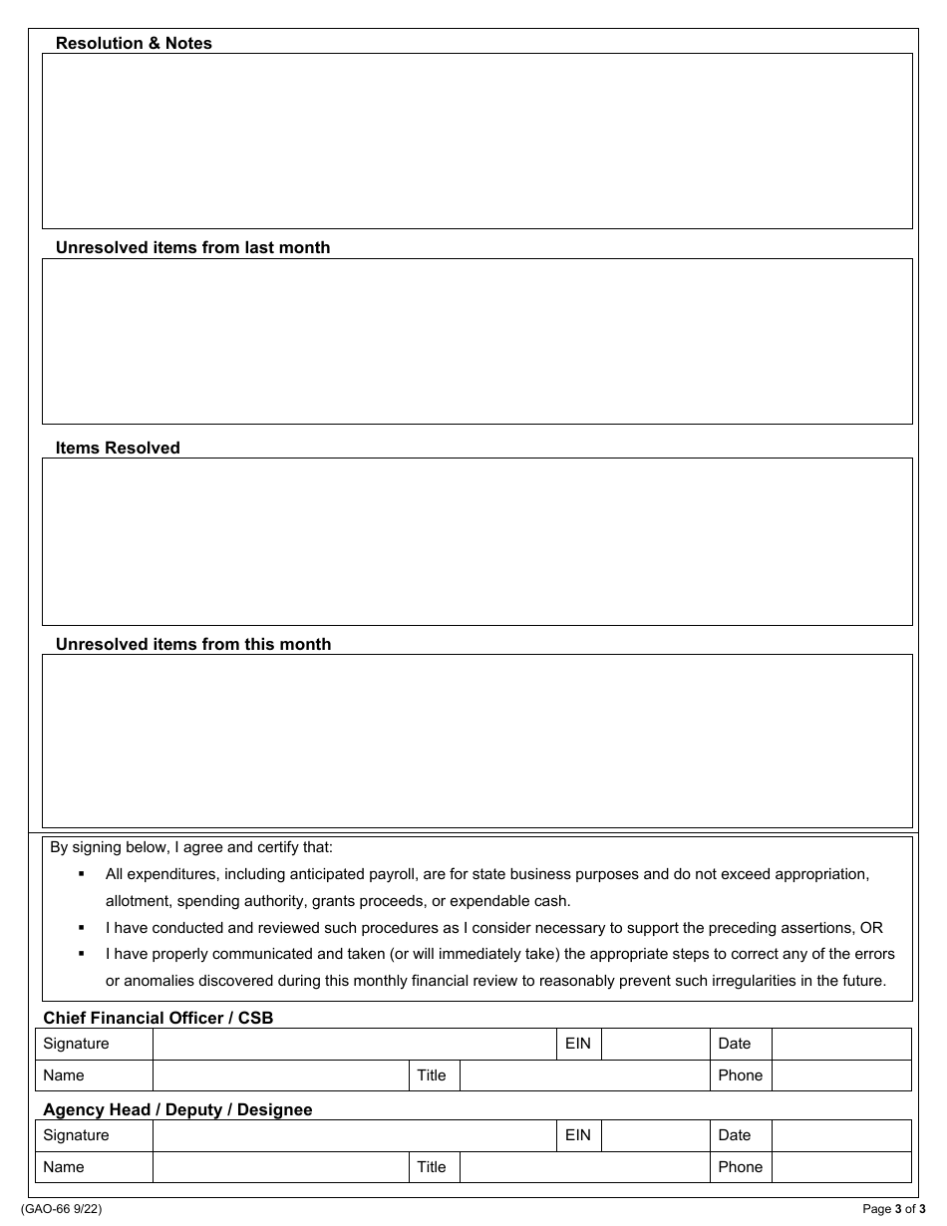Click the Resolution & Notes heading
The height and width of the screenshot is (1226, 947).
tap(134, 43)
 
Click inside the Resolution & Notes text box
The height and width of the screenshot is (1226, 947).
tap(476, 141)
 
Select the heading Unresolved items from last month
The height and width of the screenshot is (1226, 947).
tap(192, 247)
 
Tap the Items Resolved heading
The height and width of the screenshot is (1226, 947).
tap(118, 448)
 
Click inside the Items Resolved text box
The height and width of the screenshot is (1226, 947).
tap(476, 541)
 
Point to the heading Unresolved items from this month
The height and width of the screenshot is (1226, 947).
tap(193, 644)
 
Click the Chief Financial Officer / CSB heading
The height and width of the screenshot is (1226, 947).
tap(158, 1018)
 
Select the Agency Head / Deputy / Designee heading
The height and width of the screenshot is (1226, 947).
tap(177, 1109)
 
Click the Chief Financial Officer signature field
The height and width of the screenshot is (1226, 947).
tap(353, 1044)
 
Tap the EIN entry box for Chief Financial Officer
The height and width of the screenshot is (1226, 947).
tap(655, 1044)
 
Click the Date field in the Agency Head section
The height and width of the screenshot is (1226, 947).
tap(840, 1135)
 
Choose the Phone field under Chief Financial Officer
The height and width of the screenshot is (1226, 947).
tap(840, 1075)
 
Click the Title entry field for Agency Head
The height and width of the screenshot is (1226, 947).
tap(584, 1167)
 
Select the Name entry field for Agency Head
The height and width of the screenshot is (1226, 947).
tap(280, 1167)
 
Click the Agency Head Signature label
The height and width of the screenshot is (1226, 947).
tap(77, 1135)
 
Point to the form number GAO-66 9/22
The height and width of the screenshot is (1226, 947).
tap(61, 1209)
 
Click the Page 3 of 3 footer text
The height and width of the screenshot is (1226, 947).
tap(893, 1209)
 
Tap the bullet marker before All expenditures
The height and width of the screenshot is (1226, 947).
tap(82, 874)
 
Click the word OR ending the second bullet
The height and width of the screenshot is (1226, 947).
tap(871, 927)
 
